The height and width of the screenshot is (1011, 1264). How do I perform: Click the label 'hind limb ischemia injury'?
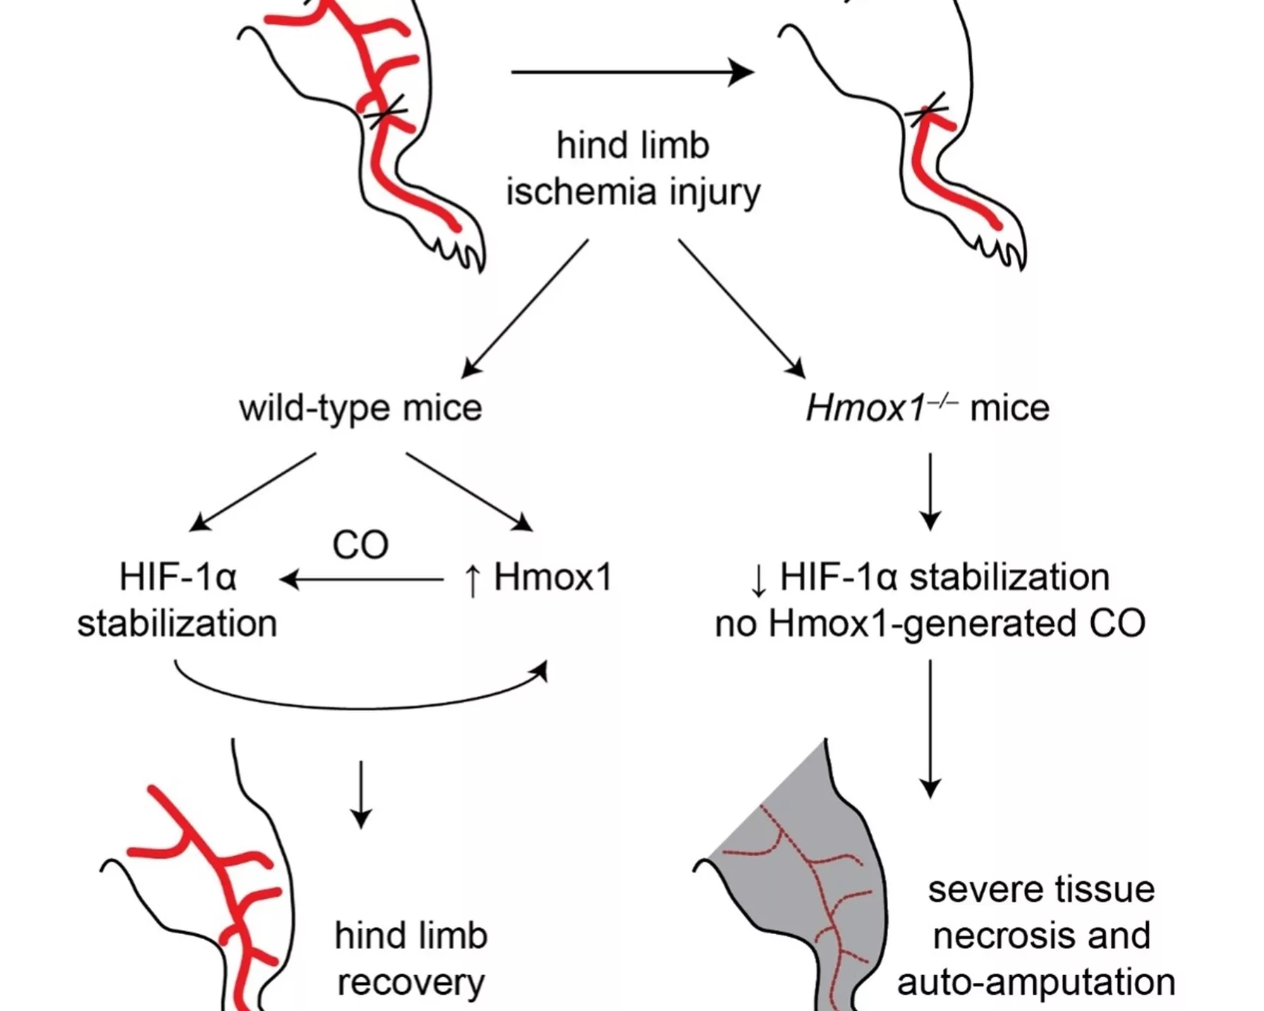click(x=633, y=168)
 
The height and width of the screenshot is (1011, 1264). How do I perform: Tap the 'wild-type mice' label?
click(x=360, y=408)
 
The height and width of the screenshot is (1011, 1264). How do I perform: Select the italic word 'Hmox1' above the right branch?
click(x=865, y=408)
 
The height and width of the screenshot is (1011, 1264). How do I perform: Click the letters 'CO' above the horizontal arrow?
click(x=360, y=545)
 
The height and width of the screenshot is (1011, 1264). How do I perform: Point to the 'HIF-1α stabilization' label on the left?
click(x=177, y=600)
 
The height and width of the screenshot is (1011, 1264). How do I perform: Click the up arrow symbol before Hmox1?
click(x=473, y=580)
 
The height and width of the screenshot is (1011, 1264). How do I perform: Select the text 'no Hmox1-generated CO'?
click(x=930, y=624)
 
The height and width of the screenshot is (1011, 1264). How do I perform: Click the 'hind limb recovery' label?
click(x=411, y=959)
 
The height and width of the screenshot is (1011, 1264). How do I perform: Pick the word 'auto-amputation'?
click(x=1035, y=982)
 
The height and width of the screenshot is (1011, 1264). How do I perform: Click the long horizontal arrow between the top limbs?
click(x=631, y=72)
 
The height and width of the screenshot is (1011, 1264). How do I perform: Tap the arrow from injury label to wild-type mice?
click(x=525, y=307)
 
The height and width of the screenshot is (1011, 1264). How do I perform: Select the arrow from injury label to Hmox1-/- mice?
click(x=741, y=307)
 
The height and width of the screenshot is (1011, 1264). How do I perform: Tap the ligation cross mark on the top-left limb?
click(x=384, y=111)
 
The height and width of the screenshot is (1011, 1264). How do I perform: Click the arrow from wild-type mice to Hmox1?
click(x=468, y=491)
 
